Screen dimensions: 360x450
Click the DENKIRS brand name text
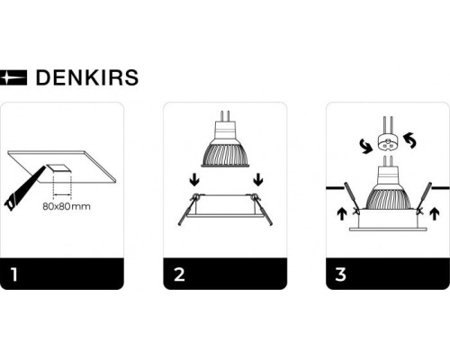pos(86,77)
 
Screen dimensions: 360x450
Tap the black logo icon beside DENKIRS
pos(15,77)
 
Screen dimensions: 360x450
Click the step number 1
pos(13,273)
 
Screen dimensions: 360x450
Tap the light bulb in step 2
pos(224,148)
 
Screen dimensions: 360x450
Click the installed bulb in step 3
pos(387,189)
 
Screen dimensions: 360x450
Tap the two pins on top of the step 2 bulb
pos(224,116)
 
